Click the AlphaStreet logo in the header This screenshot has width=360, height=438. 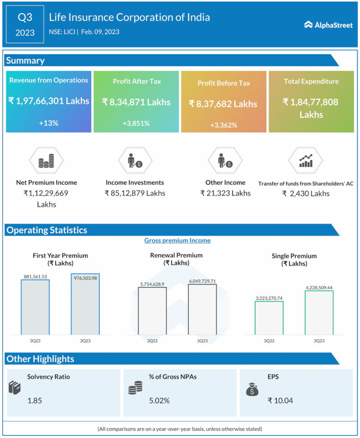328,25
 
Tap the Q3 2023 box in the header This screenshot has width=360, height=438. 25,24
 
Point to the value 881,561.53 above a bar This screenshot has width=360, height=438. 35,276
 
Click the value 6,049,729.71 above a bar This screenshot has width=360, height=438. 202,281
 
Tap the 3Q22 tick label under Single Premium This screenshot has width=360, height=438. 269,341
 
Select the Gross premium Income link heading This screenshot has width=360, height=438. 177,240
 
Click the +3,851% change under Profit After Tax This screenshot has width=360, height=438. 136,123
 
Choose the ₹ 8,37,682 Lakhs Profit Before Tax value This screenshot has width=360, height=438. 223,104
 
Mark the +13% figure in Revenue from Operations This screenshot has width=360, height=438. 48,123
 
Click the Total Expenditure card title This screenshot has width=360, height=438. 311,81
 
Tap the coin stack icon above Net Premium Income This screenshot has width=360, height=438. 46,162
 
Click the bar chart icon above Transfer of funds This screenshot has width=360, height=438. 306,161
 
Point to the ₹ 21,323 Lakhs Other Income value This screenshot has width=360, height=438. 225,193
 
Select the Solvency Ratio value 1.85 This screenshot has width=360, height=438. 35,401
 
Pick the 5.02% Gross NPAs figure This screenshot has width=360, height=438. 159,401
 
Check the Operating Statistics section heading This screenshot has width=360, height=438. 47,230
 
